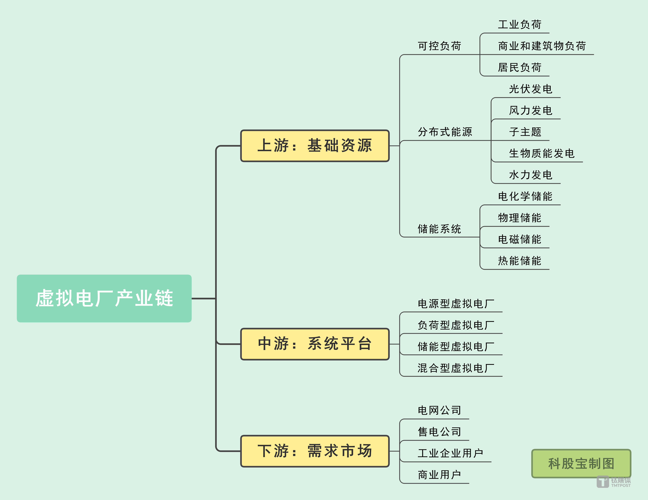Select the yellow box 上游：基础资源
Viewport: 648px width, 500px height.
[315, 146]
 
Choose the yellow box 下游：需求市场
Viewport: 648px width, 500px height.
[315, 451]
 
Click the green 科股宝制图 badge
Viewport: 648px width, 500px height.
[581, 463]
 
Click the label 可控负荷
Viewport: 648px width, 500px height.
[439, 46]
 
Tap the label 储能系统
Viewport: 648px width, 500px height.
[439, 229]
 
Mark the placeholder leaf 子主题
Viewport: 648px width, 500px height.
[525, 132]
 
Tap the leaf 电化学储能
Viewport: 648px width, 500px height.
[525, 196]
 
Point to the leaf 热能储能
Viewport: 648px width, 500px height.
[520, 261]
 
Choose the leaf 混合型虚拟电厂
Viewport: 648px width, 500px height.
[456, 368]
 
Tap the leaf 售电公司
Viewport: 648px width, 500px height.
[439, 432]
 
